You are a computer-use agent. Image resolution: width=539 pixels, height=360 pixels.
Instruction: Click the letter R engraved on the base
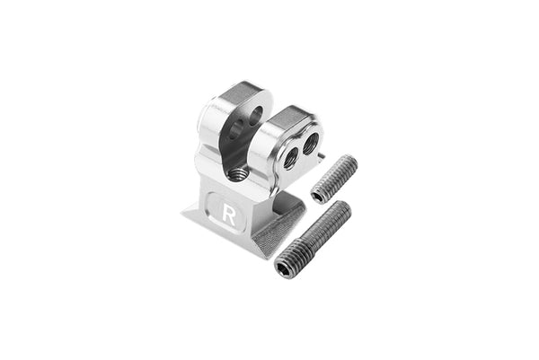click(229, 215)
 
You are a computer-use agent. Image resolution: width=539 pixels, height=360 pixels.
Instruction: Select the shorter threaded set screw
click(334, 178)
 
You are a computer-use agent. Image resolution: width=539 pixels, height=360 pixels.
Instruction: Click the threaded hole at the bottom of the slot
click(237, 173)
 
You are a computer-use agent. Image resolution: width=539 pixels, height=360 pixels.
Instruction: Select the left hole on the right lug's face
click(290, 157)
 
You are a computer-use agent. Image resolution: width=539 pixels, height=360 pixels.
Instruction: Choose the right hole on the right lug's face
click(310, 142)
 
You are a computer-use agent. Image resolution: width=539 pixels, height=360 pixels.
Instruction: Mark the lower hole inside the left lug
click(235, 131)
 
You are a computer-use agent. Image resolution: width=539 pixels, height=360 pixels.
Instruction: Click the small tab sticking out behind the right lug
click(322, 154)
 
